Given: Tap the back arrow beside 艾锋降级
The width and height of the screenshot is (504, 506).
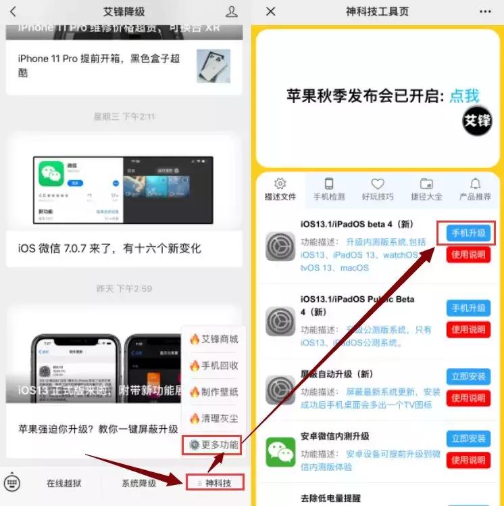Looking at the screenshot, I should click(13, 11).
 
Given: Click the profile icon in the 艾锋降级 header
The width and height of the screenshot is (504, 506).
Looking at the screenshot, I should click(232, 11).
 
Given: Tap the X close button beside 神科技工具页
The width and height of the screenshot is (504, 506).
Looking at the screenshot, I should click(271, 11).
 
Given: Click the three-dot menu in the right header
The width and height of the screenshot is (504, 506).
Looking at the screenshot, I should click(485, 11).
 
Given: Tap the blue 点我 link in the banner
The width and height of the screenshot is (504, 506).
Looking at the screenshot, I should click(464, 95).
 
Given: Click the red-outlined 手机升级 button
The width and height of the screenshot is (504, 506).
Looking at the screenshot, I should click(469, 233).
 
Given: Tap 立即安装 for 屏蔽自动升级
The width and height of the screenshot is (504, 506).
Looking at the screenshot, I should click(469, 377).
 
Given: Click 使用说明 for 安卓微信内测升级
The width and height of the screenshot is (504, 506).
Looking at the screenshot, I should click(469, 460).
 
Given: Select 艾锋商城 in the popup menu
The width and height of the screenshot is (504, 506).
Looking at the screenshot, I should click(213, 339).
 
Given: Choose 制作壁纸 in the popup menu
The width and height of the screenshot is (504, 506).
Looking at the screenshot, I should click(213, 392).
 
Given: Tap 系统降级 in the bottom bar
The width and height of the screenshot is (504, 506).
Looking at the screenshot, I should click(138, 483).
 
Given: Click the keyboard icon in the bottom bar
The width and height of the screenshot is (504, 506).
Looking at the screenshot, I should click(13, 482).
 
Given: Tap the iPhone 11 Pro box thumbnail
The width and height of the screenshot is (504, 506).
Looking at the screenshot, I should click(213, 66).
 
